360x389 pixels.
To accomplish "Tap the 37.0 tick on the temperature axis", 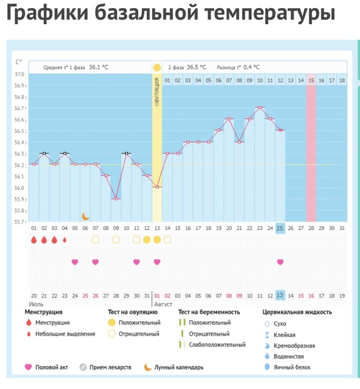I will (19, 74).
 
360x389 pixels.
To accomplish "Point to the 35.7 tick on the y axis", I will (19, 221).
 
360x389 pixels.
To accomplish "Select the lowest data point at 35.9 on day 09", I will (116, 199).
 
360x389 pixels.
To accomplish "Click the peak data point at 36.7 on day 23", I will (260, 107).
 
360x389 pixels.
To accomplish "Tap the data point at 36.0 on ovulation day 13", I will (157, 187).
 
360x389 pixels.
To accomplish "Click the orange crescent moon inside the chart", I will (85, 216).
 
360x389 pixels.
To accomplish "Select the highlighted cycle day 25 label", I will (280, 228).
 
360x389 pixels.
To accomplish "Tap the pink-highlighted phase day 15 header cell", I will (311, 80).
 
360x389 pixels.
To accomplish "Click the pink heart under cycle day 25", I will (280, 262).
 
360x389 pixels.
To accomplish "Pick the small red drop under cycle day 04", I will (65, 240).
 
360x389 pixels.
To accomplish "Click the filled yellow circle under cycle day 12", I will (146, 239).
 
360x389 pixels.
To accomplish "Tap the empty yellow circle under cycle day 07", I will (95, 239).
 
